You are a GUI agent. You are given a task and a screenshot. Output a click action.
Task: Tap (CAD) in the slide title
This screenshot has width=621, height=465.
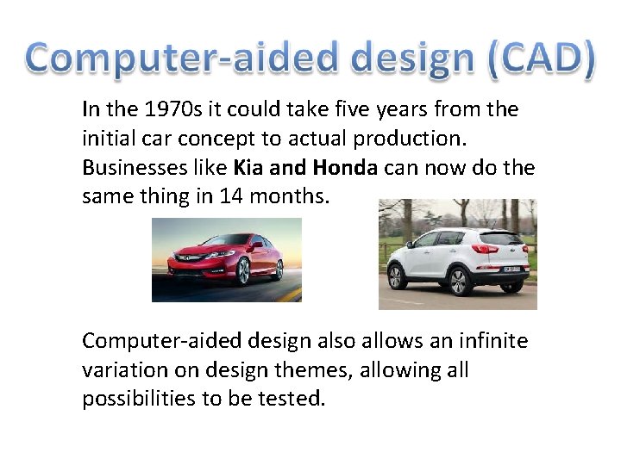click(x=540, y=59)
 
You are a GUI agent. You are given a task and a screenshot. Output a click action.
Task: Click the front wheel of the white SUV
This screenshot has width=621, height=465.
click(x=397, y=276)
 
